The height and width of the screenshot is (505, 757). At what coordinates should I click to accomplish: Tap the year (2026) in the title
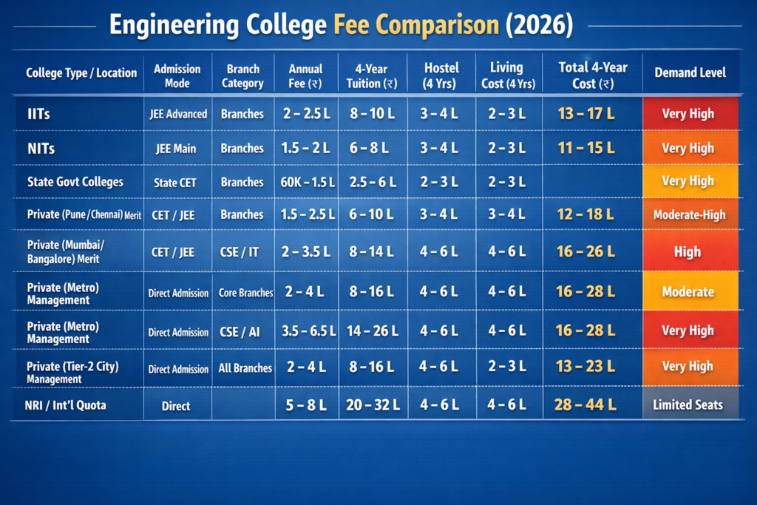click(539, 26)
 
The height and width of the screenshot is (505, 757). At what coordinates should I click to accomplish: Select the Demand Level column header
click(690, 72)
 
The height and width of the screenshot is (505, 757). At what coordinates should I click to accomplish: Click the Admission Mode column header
click(177, 75)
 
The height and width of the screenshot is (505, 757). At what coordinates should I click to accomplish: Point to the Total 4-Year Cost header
click(592, 75)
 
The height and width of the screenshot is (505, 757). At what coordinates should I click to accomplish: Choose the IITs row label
click(38, 114)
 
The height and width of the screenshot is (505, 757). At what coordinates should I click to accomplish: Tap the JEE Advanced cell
click(177, 115)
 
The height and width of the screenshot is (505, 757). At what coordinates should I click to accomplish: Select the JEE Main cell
click(176, 149)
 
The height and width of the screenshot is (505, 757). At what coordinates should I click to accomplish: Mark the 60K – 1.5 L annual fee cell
click(306, 182)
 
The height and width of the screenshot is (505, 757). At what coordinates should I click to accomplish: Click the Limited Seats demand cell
click(688, 404)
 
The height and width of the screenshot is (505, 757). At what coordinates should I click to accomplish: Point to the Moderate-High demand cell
click(689, 215)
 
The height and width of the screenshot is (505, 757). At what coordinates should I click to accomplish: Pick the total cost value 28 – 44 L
click(585, 404)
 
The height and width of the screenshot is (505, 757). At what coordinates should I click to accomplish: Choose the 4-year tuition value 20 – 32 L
click(373, 404)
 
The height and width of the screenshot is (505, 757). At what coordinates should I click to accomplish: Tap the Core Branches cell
click(245, 293)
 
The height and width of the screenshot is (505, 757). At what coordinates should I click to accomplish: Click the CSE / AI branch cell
click(241, 332)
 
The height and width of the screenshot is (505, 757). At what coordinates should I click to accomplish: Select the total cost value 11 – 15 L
click(586, 148)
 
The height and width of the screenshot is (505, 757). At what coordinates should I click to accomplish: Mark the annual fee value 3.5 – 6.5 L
click(306, 332)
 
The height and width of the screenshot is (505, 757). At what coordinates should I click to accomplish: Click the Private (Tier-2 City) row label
click(72, 372)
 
